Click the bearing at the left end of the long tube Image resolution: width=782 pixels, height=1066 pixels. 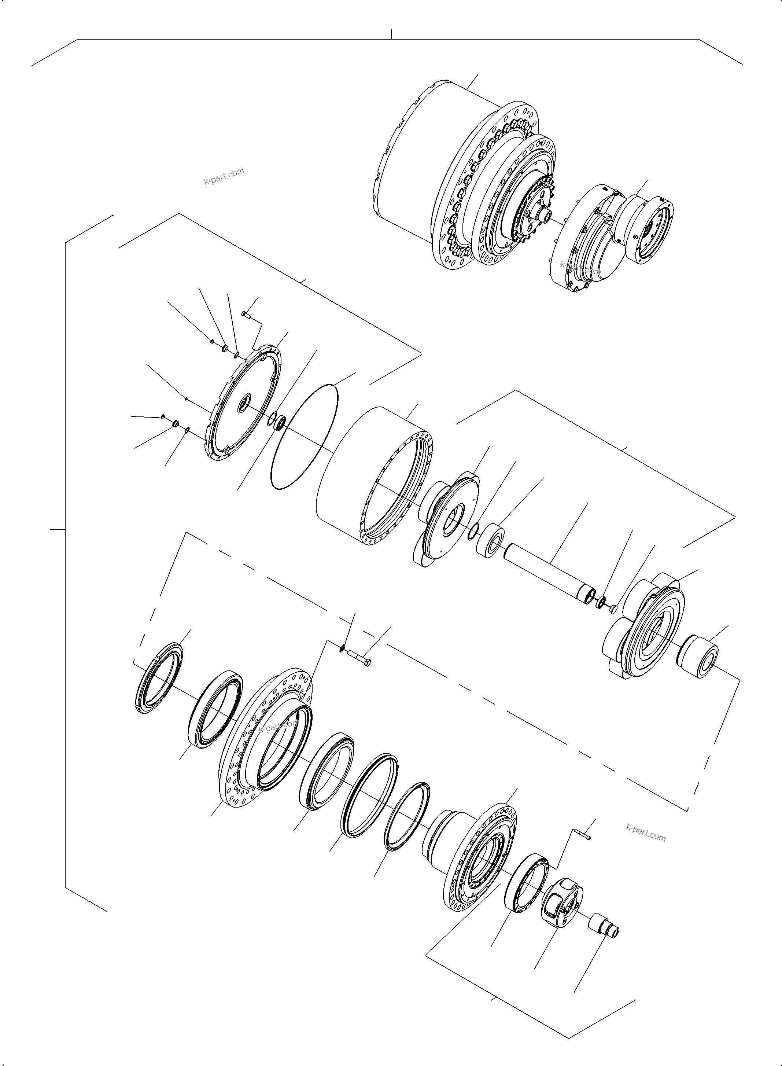tap(490, 540)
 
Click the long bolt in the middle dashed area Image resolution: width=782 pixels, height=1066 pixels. tap(360, 657)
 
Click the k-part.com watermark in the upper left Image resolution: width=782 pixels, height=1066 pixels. tap(224, 177)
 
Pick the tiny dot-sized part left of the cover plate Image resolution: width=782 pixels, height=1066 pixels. tap(187, 399)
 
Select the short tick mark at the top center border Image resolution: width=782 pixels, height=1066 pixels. tap(391, 34)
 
